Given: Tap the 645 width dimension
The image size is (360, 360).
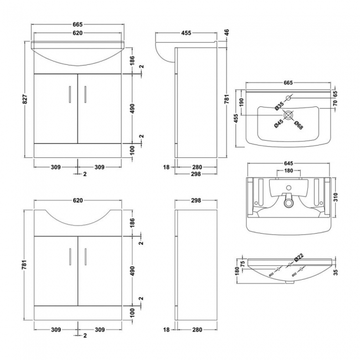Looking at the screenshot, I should (288, 163).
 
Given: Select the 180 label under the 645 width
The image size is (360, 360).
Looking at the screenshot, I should (288, 171).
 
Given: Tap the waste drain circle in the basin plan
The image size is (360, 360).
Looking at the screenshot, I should (288, 115).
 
